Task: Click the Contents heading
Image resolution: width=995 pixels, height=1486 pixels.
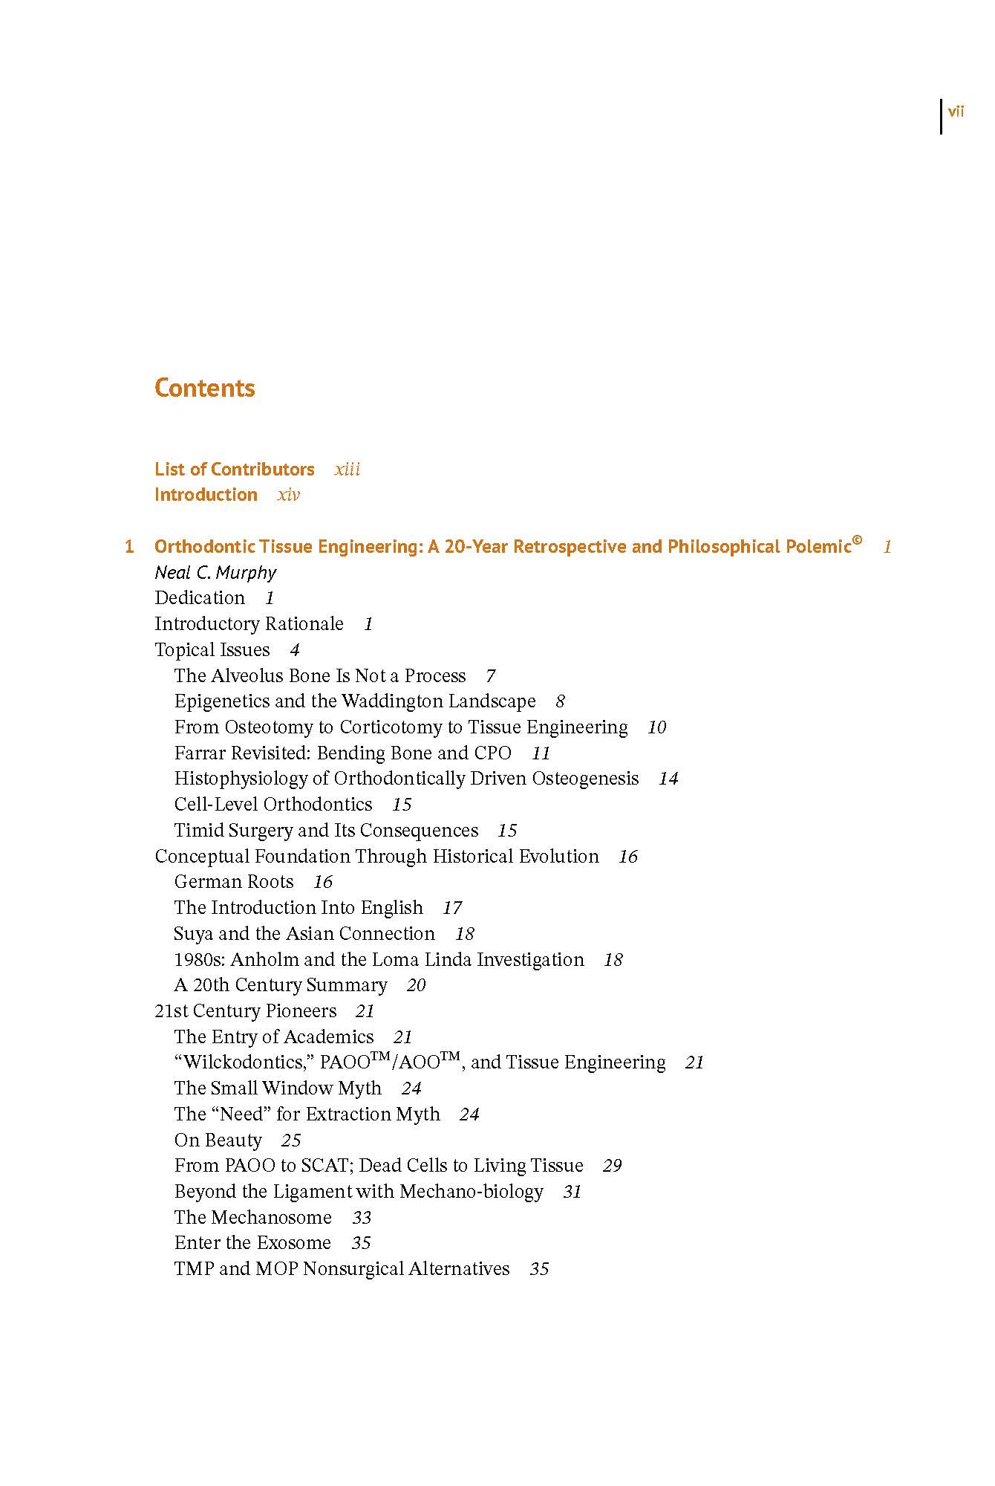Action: coord(204,388)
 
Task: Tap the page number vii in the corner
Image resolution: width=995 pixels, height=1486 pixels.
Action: coord(956,112)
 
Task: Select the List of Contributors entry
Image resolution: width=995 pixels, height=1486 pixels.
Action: coord(234,470)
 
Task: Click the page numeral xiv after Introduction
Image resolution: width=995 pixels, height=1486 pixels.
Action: coord(288,495)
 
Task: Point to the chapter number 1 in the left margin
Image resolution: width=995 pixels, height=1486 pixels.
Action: coord(129,547)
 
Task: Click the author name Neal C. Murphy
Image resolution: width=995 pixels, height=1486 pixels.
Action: coord(215,573)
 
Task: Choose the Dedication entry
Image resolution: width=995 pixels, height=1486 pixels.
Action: coord(199,598)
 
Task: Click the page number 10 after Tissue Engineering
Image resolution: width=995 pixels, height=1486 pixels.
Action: coord(656,727)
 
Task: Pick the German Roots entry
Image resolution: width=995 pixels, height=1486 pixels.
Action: coord(234,882)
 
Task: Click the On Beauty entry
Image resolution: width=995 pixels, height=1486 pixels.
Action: coord(218,1141)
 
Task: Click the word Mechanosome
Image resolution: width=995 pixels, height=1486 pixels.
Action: coord(271,1218)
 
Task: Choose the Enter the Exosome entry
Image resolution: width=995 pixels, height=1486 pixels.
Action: coord(252,1243)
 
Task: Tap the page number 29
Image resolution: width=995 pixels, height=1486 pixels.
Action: coord(612,1166)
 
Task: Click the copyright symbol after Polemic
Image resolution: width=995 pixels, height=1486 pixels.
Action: coord(857,541)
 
